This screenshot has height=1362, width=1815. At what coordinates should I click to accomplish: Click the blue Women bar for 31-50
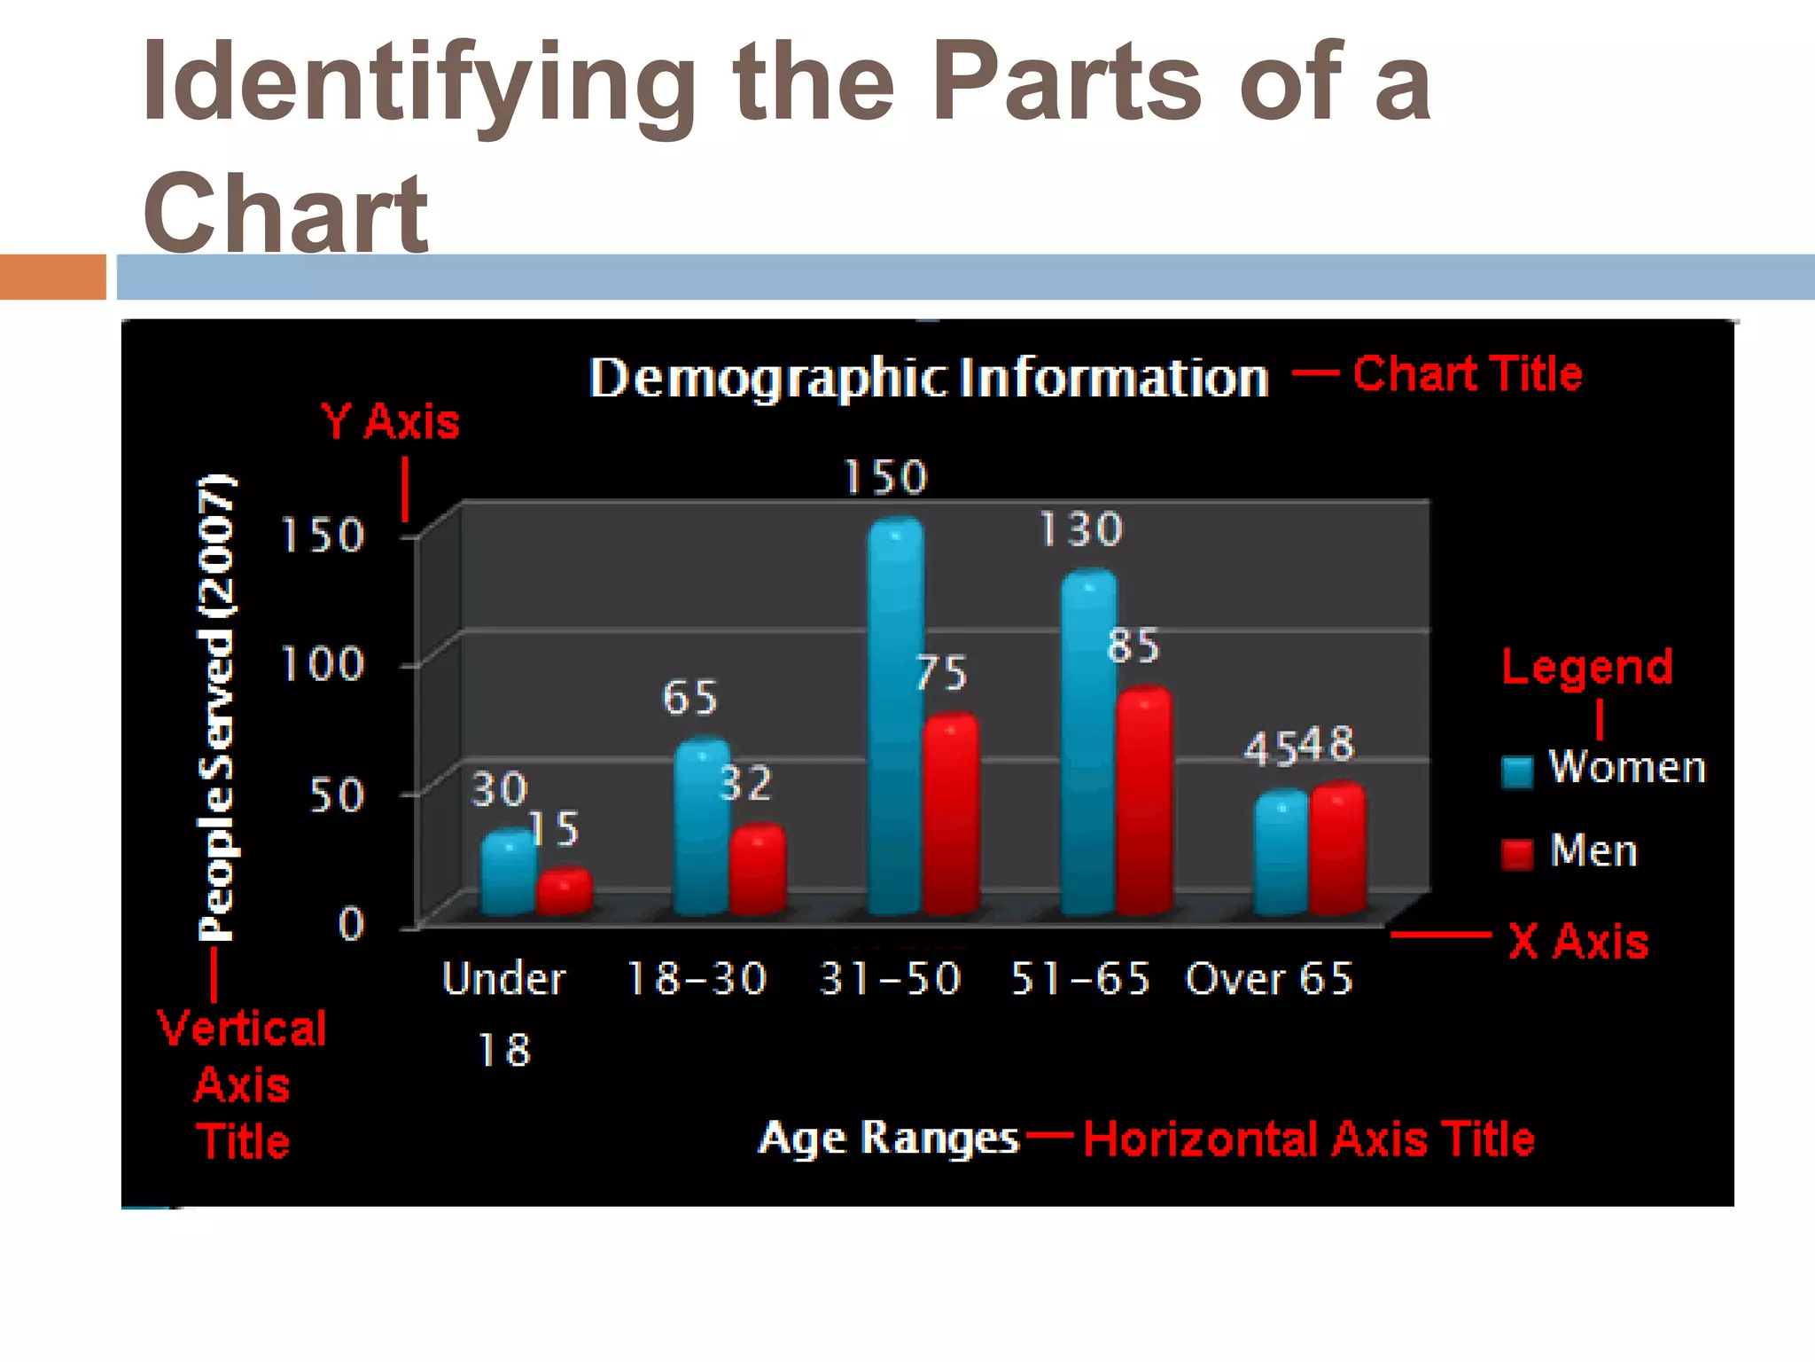click(x=896, y=718)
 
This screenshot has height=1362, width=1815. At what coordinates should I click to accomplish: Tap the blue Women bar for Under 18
click(x=508, y=873)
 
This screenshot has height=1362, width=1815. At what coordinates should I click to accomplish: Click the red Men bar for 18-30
click(x=758, y=869)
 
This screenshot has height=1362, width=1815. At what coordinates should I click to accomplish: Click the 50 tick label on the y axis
click(x=337, y=794)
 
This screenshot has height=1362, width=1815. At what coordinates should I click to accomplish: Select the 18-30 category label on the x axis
click(x=697, y=979)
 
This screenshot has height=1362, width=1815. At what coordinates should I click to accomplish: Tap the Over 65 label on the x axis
click(x=1269, y=979)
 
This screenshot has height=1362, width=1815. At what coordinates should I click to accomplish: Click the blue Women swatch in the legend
click(x=1517, y=771)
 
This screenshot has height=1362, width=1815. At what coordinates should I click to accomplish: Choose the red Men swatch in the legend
click(x=1517, y=854)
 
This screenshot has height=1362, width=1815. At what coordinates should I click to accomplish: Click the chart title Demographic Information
click(x=929, y=378)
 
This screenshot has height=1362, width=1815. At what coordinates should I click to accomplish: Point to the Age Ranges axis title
click(x=888, y=1138)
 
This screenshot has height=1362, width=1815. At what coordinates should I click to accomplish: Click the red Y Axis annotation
click(x=390, y=421)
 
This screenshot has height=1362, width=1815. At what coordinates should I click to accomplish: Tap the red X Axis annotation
click(x=1578, y=941)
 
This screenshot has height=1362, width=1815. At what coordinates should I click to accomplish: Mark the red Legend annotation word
click(x=1587, y=667)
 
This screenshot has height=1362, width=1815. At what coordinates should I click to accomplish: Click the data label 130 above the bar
click(x=1081, y=529)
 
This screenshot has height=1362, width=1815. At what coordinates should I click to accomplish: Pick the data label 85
click(x=1133, y=646)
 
